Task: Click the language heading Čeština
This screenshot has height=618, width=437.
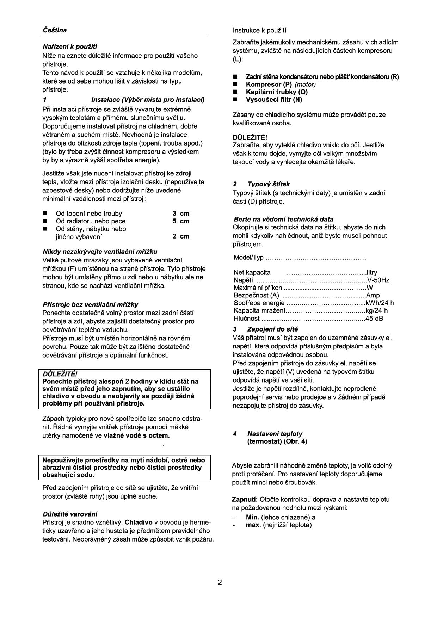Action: [55, 30]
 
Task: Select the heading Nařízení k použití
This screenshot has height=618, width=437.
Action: [70, 47]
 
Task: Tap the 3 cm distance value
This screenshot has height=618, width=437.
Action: [181, 213]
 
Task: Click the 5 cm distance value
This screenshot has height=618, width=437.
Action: [181, 221]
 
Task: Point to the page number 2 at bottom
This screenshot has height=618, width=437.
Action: [220, 582]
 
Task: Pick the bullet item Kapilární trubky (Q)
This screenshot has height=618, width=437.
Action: [277, 92]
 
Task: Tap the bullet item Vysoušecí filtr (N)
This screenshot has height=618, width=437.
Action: [274, 99]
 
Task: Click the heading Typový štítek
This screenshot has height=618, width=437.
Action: [269, 184]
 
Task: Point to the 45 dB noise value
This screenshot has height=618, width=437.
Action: [374, 319]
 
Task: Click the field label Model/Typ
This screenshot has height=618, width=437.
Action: [248, 258]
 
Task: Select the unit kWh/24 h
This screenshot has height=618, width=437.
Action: [380, 303]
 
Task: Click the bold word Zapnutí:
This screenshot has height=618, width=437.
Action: [245, 499]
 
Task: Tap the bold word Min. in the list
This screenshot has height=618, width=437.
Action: [252, 517]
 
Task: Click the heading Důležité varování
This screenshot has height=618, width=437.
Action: [70, 514]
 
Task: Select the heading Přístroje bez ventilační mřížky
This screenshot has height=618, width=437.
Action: [90, 304]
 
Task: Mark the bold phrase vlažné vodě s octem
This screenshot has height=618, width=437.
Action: [136, 435]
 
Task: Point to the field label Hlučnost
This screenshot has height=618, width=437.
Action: [247, 319]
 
